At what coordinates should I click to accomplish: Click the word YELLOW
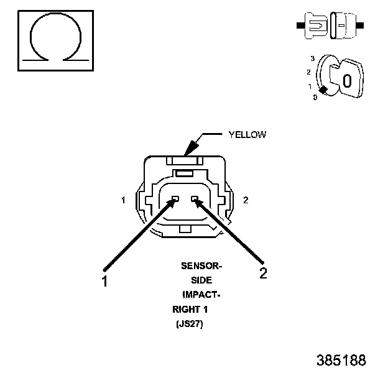(x=247, y=134)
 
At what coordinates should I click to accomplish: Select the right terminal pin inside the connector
(x=195, y=199)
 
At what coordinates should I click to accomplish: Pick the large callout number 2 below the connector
(x=263, y=274)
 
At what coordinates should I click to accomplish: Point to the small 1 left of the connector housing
(x=124, y=200)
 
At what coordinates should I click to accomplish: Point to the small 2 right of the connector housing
(x=246, y=200)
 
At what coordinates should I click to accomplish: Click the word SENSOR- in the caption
(x=201, y=267)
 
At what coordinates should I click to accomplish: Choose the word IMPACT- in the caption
(x=201, y=295)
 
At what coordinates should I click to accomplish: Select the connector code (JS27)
(x=190, y=324)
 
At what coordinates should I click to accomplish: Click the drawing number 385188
(x=341, y=360)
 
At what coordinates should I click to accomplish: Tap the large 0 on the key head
(x=348, y=80)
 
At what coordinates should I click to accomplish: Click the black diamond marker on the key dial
(x=323, y=90)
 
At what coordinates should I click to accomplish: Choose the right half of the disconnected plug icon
(x=343, y=25)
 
